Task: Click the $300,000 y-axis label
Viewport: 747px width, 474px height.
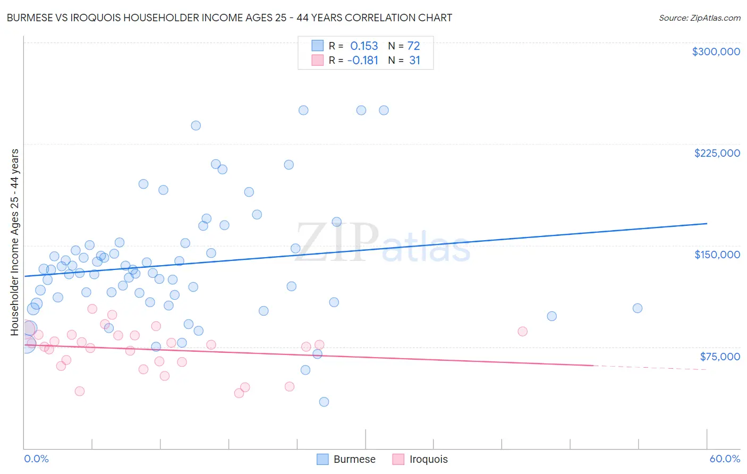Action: click(716, 52)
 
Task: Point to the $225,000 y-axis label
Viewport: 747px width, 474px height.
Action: click(717, 153)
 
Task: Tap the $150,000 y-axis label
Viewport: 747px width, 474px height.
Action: click(717, 255)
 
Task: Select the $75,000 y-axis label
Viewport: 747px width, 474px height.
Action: click(719, 356)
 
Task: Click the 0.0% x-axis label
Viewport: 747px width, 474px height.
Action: click(36, 459)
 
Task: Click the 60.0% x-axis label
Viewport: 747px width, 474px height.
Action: click(724, 459)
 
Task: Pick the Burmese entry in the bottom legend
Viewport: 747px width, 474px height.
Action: click(346, 459)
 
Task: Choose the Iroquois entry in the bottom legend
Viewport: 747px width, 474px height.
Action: click(420, 459)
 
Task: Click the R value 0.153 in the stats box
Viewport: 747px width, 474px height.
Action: click(364, 46)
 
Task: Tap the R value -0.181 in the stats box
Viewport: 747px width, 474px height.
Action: click(362, 61)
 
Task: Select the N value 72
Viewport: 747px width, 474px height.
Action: click(413, 46)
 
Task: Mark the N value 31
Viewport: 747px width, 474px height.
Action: click(414, 61)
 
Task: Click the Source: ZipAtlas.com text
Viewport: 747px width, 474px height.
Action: click(699, 18)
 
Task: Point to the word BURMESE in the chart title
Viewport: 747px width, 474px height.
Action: click(30, 18)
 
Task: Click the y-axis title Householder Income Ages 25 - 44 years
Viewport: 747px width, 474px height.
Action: click(15, 242)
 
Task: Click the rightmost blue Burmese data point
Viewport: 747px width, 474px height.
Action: click(638, 308)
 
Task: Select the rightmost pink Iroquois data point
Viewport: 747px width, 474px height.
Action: click(522, 332)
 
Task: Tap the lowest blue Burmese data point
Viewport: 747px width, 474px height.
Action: click(324, 402)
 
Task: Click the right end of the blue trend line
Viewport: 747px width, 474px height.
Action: click(707, 224)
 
